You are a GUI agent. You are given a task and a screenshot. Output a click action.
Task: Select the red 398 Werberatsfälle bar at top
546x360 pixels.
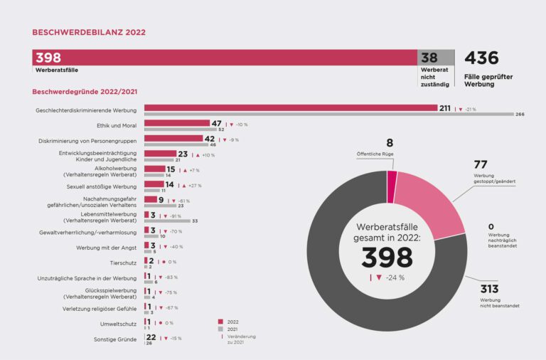point(224,58)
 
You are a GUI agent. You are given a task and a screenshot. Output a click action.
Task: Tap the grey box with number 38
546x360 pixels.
point(435,58)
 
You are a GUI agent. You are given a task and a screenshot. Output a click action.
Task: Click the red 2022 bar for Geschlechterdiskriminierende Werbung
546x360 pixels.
point(290,108)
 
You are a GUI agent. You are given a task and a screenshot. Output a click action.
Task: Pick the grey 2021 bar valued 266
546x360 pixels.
point(328,114)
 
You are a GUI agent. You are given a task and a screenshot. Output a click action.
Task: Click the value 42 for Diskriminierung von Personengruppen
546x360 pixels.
point(210,139)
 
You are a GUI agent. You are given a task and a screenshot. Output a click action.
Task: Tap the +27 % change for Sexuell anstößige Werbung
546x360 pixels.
point(194,186)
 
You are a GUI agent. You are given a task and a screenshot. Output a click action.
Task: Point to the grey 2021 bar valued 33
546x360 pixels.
point(166,221)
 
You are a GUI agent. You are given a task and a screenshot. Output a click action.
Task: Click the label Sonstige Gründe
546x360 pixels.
point(115,339)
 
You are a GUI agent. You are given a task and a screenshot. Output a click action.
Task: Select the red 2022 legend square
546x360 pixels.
point(220,322)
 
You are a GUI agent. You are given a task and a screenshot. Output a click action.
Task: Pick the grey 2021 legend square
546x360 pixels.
point(220,329)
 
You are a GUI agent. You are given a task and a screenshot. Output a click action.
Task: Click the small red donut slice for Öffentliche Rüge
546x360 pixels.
point(392,177)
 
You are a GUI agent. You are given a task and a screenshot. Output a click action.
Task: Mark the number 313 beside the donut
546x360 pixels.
point(489,289)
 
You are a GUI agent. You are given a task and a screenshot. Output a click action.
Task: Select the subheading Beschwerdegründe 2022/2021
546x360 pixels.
point(85,92)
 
